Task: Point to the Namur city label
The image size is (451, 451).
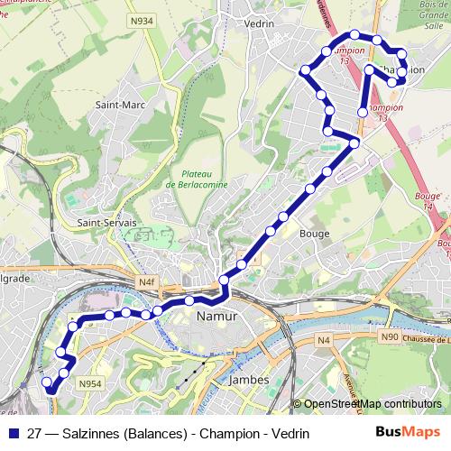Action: (216, 318)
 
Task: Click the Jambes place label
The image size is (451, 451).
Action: (249, 380)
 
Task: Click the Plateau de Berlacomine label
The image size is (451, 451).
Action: (197, 178)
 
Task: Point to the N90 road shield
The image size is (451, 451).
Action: (390, 337)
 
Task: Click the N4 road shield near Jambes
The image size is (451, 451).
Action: (324, 339)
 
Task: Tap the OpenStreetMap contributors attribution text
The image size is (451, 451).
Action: (372, 404)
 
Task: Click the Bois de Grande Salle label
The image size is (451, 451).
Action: (431, 15)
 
